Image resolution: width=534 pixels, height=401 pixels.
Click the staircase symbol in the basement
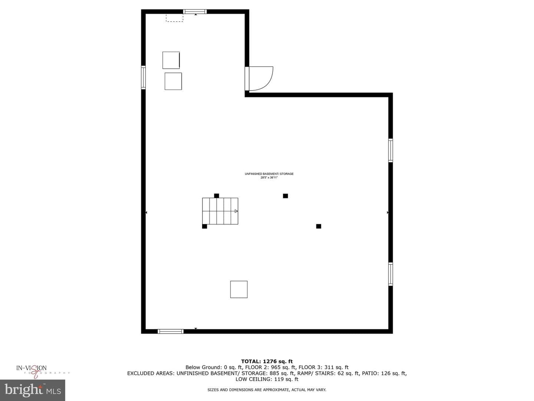coord(220,211)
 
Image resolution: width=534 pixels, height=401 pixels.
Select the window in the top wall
coord(195,12)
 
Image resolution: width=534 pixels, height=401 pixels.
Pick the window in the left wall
coord(143,78)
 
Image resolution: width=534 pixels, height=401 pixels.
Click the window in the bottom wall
coord(171,331)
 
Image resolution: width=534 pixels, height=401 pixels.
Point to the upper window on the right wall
coord(390,150)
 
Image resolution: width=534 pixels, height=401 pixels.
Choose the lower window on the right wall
coord(390,274)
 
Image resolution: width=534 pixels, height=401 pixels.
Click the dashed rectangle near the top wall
coord(174,18)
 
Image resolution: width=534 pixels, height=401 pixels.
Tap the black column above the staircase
coord(217,196)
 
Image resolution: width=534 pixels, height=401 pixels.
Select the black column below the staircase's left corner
coord(205,226)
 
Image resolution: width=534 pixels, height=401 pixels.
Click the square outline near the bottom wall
coord(239,289)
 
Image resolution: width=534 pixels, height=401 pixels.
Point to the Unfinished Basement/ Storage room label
coord(269,174)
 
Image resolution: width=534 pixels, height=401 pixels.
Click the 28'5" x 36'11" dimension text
coord(269,178)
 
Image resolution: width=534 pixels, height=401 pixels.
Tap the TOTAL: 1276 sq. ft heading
coord(267,362)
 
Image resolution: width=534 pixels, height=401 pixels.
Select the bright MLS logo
coord(33,390)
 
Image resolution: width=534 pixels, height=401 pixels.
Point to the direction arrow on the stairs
coord(236,211)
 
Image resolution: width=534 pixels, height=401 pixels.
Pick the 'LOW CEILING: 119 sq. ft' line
coord(267,379)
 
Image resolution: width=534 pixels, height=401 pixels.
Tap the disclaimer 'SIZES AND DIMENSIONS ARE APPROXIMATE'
coord(248,390)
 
